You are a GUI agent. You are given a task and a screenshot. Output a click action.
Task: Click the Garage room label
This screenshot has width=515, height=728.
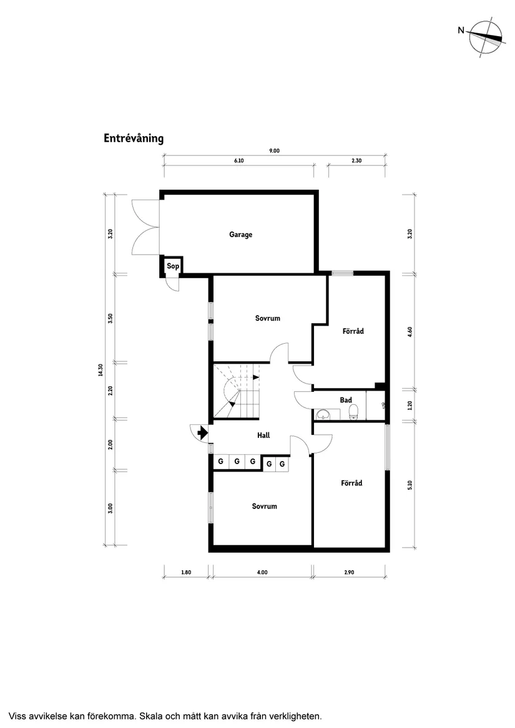240,235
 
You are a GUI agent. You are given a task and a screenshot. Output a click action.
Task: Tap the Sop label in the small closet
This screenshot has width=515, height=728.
172,267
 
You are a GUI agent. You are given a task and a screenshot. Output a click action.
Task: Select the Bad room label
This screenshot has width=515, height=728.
346,400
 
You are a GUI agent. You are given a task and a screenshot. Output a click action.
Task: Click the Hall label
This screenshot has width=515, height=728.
263,435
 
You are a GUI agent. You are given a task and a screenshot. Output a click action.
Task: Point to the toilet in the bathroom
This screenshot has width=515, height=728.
353,411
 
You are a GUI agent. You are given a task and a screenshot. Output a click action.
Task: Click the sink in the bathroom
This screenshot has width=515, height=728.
323,414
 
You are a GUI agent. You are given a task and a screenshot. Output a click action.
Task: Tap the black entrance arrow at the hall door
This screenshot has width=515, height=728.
202,432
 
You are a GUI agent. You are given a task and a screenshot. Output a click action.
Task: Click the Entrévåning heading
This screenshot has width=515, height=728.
134,138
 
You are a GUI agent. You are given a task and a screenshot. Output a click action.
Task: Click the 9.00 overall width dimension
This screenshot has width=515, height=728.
274,150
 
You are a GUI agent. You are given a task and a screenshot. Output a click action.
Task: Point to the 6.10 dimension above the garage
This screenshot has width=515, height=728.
238,160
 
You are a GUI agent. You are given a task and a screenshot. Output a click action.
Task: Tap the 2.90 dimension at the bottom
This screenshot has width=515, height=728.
349,572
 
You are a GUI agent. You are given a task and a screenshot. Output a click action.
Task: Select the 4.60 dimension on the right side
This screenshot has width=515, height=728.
410,331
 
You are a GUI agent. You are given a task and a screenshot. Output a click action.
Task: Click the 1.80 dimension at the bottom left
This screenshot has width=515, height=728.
185,572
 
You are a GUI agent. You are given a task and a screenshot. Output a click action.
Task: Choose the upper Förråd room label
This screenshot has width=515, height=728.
353,331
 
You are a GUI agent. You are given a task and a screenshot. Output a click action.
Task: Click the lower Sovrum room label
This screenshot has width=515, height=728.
264,507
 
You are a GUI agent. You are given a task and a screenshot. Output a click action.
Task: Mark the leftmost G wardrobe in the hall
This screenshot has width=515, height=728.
220,462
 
